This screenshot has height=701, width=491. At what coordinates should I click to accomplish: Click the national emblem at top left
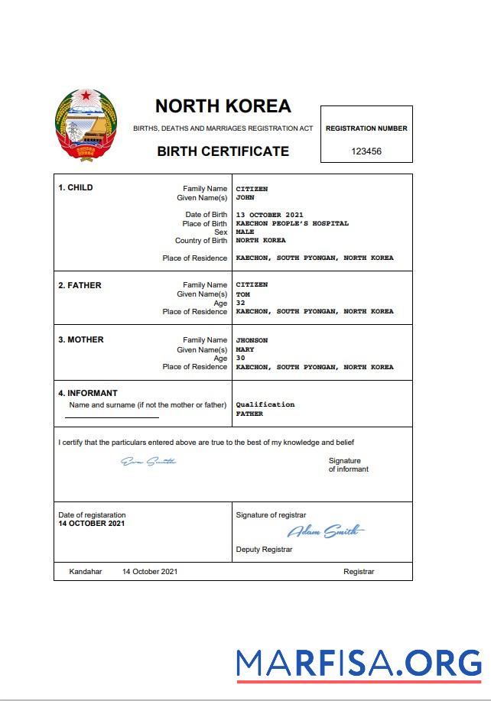point(86,125)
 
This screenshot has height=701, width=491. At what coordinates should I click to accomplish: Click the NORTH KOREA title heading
point(223,105)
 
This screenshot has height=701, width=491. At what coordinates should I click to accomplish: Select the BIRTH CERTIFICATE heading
point(223,151)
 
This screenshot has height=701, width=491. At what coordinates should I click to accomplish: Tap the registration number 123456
point(366,151)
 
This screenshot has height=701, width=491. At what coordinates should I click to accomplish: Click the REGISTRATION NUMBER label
point(366,128)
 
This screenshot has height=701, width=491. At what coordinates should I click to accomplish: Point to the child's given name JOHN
point(245,197)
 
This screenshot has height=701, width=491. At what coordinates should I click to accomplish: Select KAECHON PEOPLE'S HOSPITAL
point(292,223)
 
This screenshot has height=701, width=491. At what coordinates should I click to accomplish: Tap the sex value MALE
point(245,232)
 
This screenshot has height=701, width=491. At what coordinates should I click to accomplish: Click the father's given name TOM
point(242,294)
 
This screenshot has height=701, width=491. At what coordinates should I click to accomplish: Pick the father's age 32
point(240,303)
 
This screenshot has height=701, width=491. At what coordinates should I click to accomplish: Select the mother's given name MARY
point(245,349)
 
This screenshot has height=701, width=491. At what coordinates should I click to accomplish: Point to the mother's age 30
point(240,358)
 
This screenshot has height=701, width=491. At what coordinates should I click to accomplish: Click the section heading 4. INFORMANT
point(88,394)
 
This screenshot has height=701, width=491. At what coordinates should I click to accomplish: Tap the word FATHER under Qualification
point(249,414)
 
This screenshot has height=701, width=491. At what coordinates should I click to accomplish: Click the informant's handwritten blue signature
point(149,461)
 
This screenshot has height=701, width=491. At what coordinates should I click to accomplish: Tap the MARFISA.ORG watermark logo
point(359,663)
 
